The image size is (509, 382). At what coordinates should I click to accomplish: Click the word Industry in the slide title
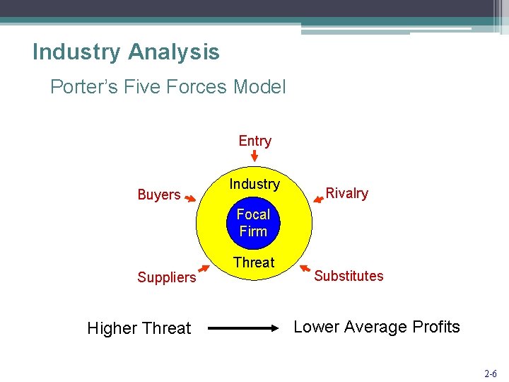(76, 52)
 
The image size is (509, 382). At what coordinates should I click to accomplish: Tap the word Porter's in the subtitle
(78, 88)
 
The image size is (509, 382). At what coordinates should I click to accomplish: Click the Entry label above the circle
(255, 141)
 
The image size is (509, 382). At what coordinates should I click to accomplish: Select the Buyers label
(159, 195)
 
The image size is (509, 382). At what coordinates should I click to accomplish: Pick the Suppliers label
(167, 277)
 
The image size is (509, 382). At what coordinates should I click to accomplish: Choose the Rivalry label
(346, 193)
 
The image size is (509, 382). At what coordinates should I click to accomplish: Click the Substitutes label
(349, 276)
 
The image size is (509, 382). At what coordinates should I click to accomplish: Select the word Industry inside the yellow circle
(255, 185)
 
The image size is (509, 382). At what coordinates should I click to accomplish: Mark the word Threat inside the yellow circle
(254, 262)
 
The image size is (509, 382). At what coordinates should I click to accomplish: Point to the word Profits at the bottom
(434, 327)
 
